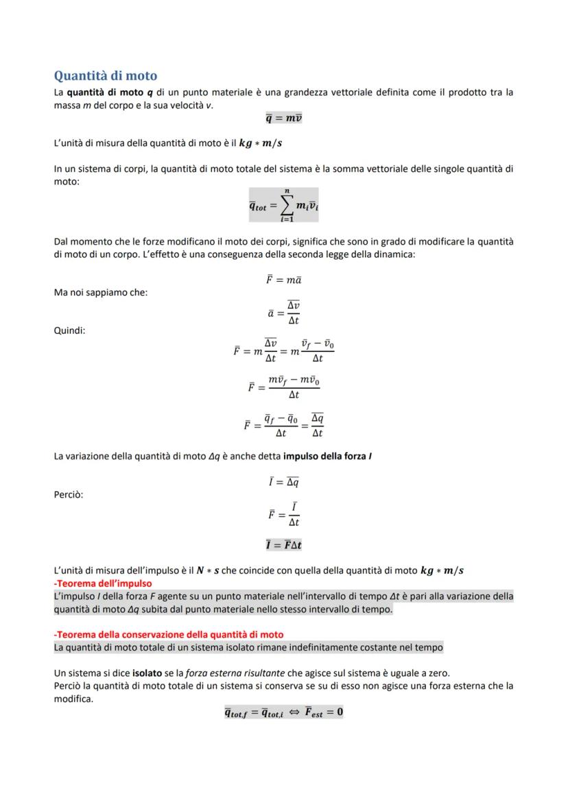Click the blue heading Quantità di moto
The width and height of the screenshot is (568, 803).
[106, 75]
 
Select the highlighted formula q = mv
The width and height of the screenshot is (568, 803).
[283, 118]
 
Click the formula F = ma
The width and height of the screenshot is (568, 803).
[283, 280]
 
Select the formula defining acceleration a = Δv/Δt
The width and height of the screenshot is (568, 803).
[283, 313]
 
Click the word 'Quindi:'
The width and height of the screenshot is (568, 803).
[69, 330]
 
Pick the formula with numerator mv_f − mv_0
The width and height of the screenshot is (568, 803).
[283, 387]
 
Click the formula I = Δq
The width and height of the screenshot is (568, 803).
[283, 482]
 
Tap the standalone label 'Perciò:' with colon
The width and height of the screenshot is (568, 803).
[69, 494]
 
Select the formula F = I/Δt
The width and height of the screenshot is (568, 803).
[283, 514]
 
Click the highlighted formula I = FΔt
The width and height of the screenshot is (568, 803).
[283, 545]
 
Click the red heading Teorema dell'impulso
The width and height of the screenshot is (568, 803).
[103, 584]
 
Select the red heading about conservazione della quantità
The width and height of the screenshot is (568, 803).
[169, 634]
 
